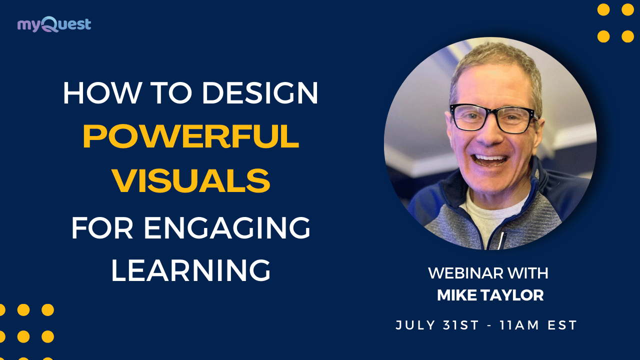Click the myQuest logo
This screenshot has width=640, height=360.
pos(54,24)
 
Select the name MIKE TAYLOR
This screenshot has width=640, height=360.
pos(490,295)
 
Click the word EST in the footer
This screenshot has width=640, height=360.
pos(563,325)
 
